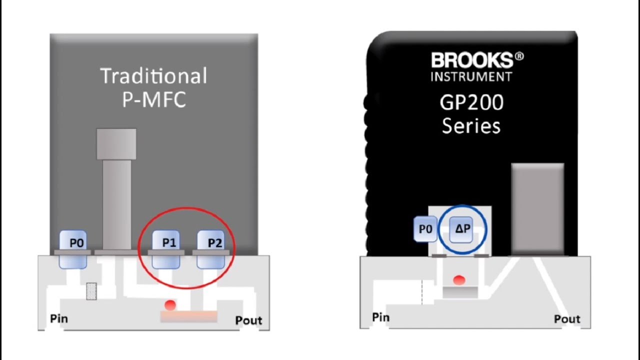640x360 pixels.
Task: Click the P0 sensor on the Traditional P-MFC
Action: pyautogui.click(x=73, y=249)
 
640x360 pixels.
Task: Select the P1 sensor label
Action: pyautogui.click(x=169, y=243)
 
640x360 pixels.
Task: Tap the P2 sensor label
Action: pyautogui.click(x=215, y=243)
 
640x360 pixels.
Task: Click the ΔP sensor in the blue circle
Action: pyautogui.click(x=461, y=229)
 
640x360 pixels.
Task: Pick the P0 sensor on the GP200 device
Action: pyautogui.click(x=425, y=229)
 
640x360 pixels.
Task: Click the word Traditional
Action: pyautogui.click(x=153, y=75)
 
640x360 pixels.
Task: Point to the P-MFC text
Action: pyautogui.click(x=154, y=99)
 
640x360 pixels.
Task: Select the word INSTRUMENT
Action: pyautogui.click(x=471, y=76)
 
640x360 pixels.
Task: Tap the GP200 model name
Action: pyautogui.click(x=471, y=102)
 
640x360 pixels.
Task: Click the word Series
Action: pyautogui.click(x=471, y=126)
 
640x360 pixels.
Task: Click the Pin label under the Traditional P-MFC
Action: pyautogui.click(x=59, y=318)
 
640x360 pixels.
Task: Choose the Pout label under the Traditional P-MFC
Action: pyautogui.click(x=248, y=320)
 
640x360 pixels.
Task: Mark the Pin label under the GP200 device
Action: pyautogui.click(x=381, y=317)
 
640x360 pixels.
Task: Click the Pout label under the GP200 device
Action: pyautogui.click(x=567, y=319)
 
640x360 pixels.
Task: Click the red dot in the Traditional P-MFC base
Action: pyautogui.click(x=170, y=305)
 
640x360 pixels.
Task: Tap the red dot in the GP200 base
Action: pyautogui.click(x=459, y=280)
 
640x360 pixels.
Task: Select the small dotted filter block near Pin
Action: pyautogui.click(x=91, y=291)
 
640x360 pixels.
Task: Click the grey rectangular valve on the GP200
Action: pyautogui.click(x=537, y=209)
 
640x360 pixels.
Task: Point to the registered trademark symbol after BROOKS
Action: pyautogui.click(x=519, y=56)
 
